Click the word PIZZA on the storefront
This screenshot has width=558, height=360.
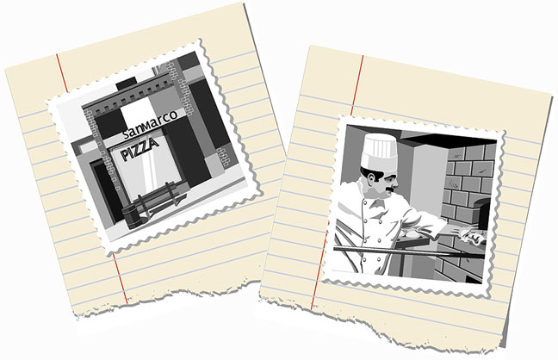[139, 149]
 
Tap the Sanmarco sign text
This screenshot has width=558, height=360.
[150, 125]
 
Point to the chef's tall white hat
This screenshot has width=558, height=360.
[379, 151]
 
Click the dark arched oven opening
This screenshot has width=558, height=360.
[482, 214]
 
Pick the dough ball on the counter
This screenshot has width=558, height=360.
[412, 234]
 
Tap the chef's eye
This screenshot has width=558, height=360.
[392, 176]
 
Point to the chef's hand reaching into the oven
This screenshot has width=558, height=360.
[469, 235]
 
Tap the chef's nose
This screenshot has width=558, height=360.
[396, 183]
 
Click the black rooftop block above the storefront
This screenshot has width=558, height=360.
[126, 84]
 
